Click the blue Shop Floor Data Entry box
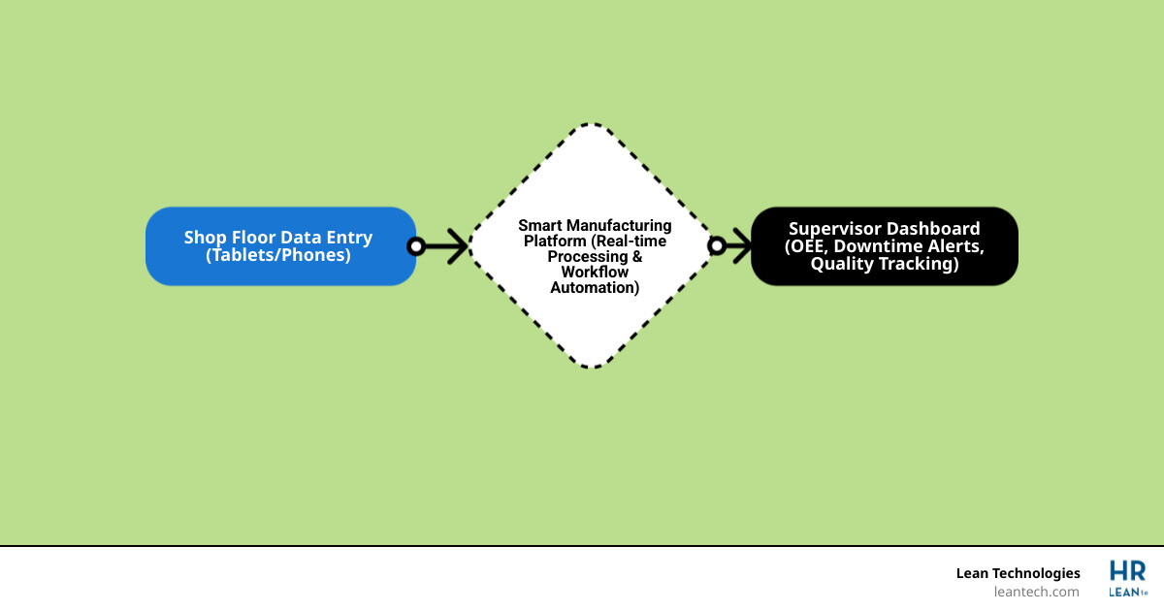pos(280,246)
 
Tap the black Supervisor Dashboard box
pos(884,246)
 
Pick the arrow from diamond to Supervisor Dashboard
pos(737,246)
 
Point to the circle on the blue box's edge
pos(416,246)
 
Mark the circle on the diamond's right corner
pos(717,246)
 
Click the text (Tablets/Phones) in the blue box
pos(278,256)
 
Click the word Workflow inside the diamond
pos(595,273)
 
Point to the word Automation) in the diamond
pos(595,288)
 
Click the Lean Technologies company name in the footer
pos(1018,573)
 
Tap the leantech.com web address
pos(1036,592)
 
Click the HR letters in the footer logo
pos(1127,571)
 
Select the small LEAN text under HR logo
pos(1123,592)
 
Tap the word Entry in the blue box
pos(348,238)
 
